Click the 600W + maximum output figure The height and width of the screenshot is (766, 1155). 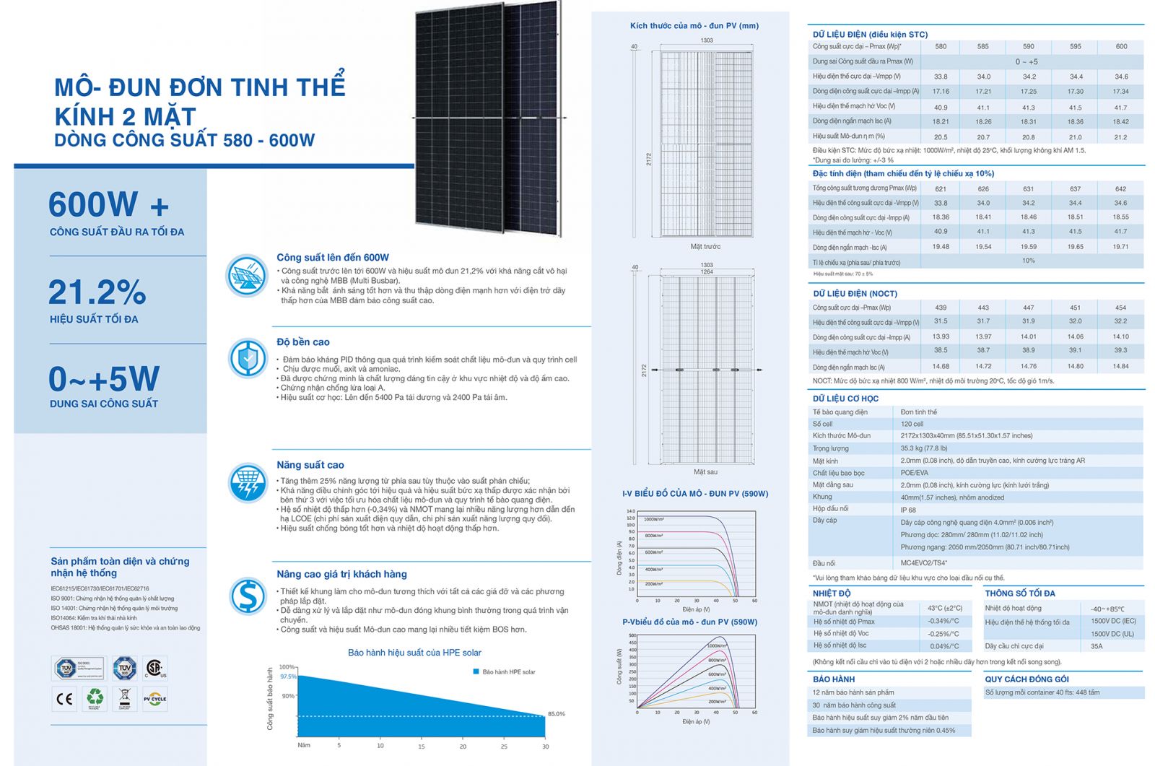click(x=108, y=205)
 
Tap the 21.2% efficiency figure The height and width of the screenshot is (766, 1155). click(x=97, y=292)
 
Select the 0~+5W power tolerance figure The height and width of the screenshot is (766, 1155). click(x=104, y=379)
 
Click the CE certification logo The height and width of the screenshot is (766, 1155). click(x=65, y=698)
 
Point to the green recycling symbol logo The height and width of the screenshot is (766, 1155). click(x=95, y=698)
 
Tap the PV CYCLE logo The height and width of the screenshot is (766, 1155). click(x=154, y=698)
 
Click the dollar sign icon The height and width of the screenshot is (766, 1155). click(x=248, y=596)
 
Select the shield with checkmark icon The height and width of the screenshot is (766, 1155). click(x=248, y=358)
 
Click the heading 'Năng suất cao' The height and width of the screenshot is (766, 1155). click(x=310, y=465)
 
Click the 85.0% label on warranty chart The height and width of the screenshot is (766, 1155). click(x=557, y=714)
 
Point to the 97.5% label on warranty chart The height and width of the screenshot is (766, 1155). click(x=288, y=676)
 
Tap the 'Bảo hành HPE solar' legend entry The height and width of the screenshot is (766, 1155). click(x=505, y=672)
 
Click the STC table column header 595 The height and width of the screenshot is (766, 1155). click(x=1076, y=46)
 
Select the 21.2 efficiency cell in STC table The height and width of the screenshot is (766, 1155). click(x=1120, y=136)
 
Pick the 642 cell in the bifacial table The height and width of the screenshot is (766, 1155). click(x=1120, y=188)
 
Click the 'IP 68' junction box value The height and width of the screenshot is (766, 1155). click(x=908, y=509)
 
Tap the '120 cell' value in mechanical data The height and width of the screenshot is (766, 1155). click(x=912, y=424)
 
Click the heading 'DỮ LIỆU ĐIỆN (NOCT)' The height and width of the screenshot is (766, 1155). click(x=855, y=294)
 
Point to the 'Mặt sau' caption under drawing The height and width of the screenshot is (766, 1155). click(x=705, y=472)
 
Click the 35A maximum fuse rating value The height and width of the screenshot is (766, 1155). click(x=1097, y=646)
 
